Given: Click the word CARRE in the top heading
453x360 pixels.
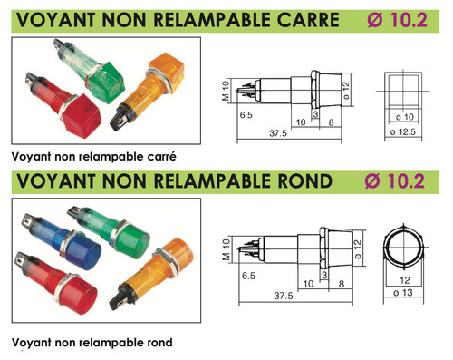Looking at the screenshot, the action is tap(308, 20).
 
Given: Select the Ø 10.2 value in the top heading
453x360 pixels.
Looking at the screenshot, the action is tap(398, 20).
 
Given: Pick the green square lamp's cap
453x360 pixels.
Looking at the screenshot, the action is tap(106, 83).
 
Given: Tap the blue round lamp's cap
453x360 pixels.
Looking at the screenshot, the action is tap(83, 250).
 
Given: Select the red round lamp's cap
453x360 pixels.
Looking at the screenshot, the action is tap(79, 295).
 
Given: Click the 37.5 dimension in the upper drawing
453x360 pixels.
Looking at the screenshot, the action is tap(278, 133).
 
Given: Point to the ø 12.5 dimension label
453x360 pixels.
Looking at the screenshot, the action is tap(403, 132).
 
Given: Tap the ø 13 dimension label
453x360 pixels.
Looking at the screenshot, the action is tap(403, 293).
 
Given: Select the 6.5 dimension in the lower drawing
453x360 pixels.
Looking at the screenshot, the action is tap(248, 276).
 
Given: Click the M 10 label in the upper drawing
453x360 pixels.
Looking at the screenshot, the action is tap(226, 91).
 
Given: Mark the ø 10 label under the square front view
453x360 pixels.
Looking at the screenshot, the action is tap(405, 117).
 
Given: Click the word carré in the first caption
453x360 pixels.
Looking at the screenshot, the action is tap(162, 157).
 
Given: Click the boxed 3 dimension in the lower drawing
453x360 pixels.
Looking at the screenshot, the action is tap(324, 276).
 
